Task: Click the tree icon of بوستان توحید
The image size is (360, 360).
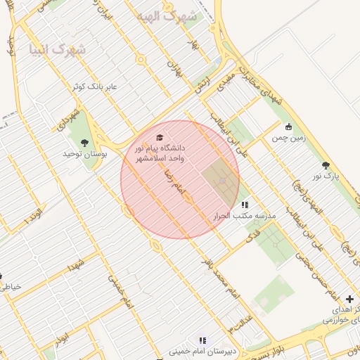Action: coord(85,143)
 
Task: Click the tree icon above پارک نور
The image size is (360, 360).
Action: coord(325,165)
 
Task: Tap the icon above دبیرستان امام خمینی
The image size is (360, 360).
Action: coord(202,340)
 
